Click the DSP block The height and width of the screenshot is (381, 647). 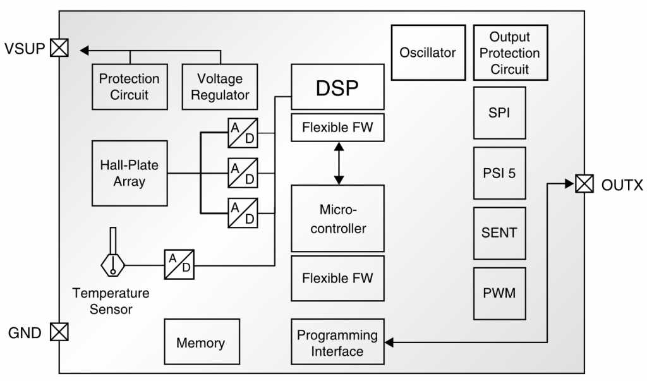click(x=337, y=87)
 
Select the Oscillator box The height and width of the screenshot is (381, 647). click(x=428, y=52)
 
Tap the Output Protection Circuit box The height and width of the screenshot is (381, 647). click(x=509, y=52)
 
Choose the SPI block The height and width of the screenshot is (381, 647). click(x=499, y=114)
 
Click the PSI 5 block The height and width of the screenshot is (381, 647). click(x=499, y=173)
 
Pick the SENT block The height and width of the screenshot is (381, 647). click(x=499, y=233)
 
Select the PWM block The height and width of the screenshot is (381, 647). click(x=499, y=293)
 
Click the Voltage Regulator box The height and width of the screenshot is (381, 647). click(x=219, y=87)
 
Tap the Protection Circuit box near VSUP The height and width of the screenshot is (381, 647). click(x=130, y=87)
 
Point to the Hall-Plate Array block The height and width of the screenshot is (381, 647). click(x=130, y=173)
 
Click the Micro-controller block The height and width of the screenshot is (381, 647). click(x=337, y=219)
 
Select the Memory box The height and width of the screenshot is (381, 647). click(x=201, y=343)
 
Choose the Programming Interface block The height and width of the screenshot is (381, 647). click(x=337, y=343)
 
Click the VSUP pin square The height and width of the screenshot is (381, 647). click(x=59, y=48)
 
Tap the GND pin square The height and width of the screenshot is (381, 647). click(x=59, y=331)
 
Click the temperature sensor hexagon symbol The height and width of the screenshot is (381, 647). click(x=113, y=265)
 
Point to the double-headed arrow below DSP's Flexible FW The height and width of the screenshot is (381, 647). click(x=339, y=163)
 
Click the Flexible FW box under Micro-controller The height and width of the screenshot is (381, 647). click(x=337, y=278)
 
